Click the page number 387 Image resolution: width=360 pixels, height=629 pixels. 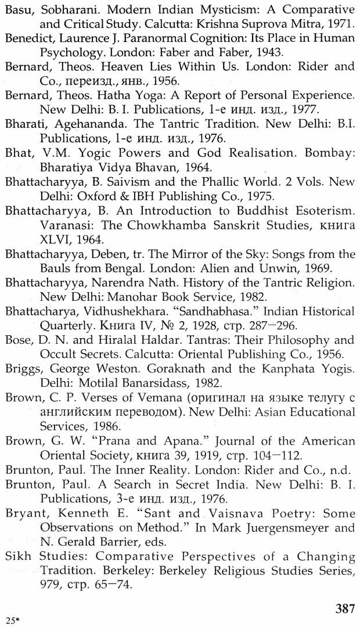coord(345,609)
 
